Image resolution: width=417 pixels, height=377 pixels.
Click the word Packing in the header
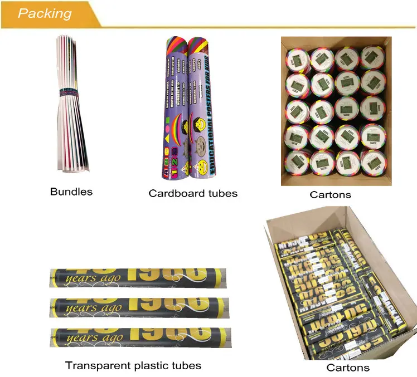click(x=45, y=13)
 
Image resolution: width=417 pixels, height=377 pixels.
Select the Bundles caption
click(x=71, y=192)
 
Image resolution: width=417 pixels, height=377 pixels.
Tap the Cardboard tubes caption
click(x=193, y=193)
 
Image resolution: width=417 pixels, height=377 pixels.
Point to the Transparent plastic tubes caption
click(x=133, y=365)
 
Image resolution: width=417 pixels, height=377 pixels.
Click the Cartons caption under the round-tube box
click(x=331, y=194)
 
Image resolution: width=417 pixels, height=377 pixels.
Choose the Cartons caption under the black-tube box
click(x=348, y=367)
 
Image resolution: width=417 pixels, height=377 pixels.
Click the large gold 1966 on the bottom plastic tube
click(x=164, y=336)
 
